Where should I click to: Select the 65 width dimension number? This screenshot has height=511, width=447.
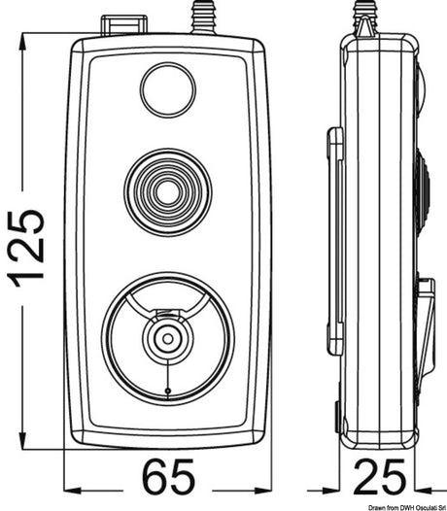tap(169, 477)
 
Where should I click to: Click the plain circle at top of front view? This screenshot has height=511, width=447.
tap(168, 88)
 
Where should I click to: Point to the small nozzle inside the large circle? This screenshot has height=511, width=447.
tap(167, 337)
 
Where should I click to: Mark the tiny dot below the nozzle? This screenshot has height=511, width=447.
tap(167, 391)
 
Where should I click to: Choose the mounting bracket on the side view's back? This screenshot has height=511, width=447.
tap(335, 238)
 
